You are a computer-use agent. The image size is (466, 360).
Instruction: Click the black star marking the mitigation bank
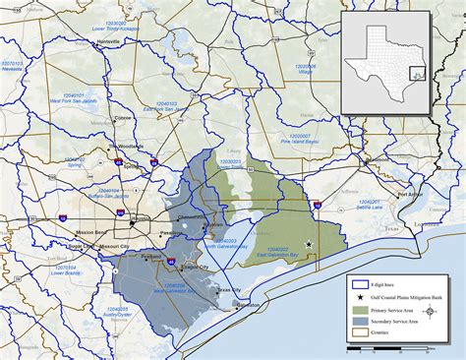point(309,245)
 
